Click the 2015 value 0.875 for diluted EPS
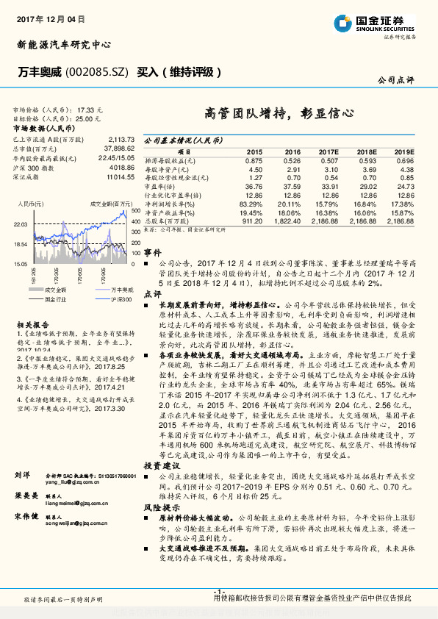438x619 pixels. pyautogui.click(x=254, y=160)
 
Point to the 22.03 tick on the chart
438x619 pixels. pyautogui.click(x=21, y=223)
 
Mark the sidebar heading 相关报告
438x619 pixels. pyautogui.click(x=32, y=323)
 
